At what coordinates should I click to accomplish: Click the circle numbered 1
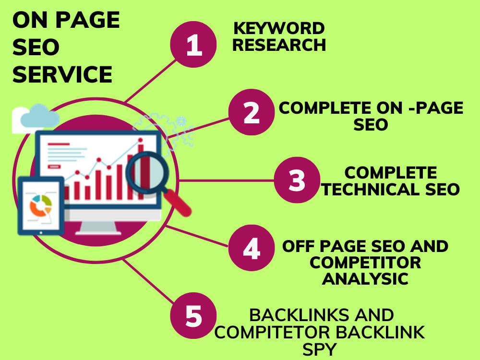(193, 44)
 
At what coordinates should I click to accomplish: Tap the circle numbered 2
(252, 112)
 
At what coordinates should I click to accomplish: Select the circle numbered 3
(297, 180)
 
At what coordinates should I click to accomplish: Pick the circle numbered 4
(252, 248)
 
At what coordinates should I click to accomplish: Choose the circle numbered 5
(193, 315)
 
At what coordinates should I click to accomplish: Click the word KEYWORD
(279, 28)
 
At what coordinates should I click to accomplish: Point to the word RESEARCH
(279, 45)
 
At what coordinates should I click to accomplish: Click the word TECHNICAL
(370, 190)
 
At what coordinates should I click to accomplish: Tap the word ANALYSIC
(365, 279)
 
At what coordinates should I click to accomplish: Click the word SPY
(320, 349)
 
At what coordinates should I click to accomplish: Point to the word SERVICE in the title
(62, 74)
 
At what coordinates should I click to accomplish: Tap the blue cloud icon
(40, 116)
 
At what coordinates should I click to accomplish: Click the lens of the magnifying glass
(147, 173)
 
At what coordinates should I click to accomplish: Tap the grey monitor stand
(98, 228)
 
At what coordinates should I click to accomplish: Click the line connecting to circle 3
(227, 180)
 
